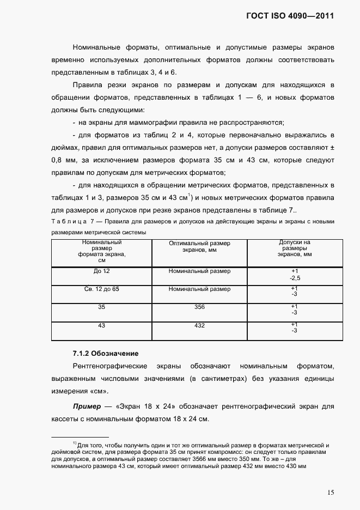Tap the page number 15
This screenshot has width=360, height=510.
point(331,493)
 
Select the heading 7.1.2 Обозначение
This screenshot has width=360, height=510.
point(106,354)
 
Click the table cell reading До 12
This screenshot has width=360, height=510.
point(101,271)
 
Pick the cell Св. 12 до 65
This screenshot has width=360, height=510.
point(101,289)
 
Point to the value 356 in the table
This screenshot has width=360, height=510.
point(199,307)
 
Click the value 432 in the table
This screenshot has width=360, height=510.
point(199,325)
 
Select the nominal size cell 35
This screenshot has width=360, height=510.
point(101,307)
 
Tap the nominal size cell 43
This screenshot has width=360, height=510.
point(101,325)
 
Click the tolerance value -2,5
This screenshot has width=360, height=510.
point(295,278)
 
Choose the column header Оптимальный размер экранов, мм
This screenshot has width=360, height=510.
point(199,246)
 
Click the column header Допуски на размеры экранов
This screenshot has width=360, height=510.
point(295,248)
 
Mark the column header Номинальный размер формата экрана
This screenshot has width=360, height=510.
point(101,251)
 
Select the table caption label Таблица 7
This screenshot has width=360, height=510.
point(74,222)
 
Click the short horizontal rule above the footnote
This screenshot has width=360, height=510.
point(79,437)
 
